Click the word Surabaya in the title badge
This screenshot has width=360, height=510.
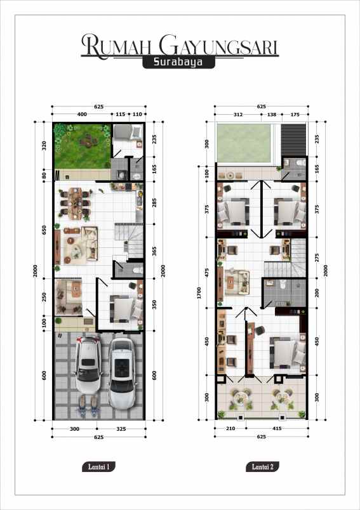[180, 63]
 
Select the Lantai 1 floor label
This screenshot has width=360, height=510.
[98, 468]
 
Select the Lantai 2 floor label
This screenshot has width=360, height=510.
[262, 468]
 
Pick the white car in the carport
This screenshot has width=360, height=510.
[121, 373]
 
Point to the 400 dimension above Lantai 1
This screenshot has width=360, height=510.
[82, 114]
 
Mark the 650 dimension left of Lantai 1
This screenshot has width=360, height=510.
[45, 230]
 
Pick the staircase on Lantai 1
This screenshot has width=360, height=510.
[130, 242]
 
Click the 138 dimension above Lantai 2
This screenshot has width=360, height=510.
[271, 114]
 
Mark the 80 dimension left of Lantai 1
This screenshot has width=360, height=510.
[45, 176]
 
